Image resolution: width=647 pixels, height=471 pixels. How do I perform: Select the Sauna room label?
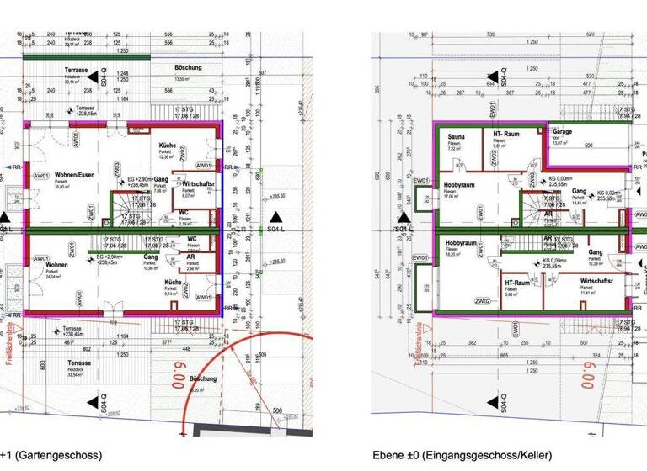pos(457,136)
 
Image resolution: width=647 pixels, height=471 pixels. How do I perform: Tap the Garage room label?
pos(562,133)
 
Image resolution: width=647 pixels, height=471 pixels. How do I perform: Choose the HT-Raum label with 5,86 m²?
pos(515,283)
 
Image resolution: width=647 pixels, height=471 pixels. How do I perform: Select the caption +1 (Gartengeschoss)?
pos(51,455)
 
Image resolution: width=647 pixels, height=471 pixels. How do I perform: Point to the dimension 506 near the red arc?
pos(277,411)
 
